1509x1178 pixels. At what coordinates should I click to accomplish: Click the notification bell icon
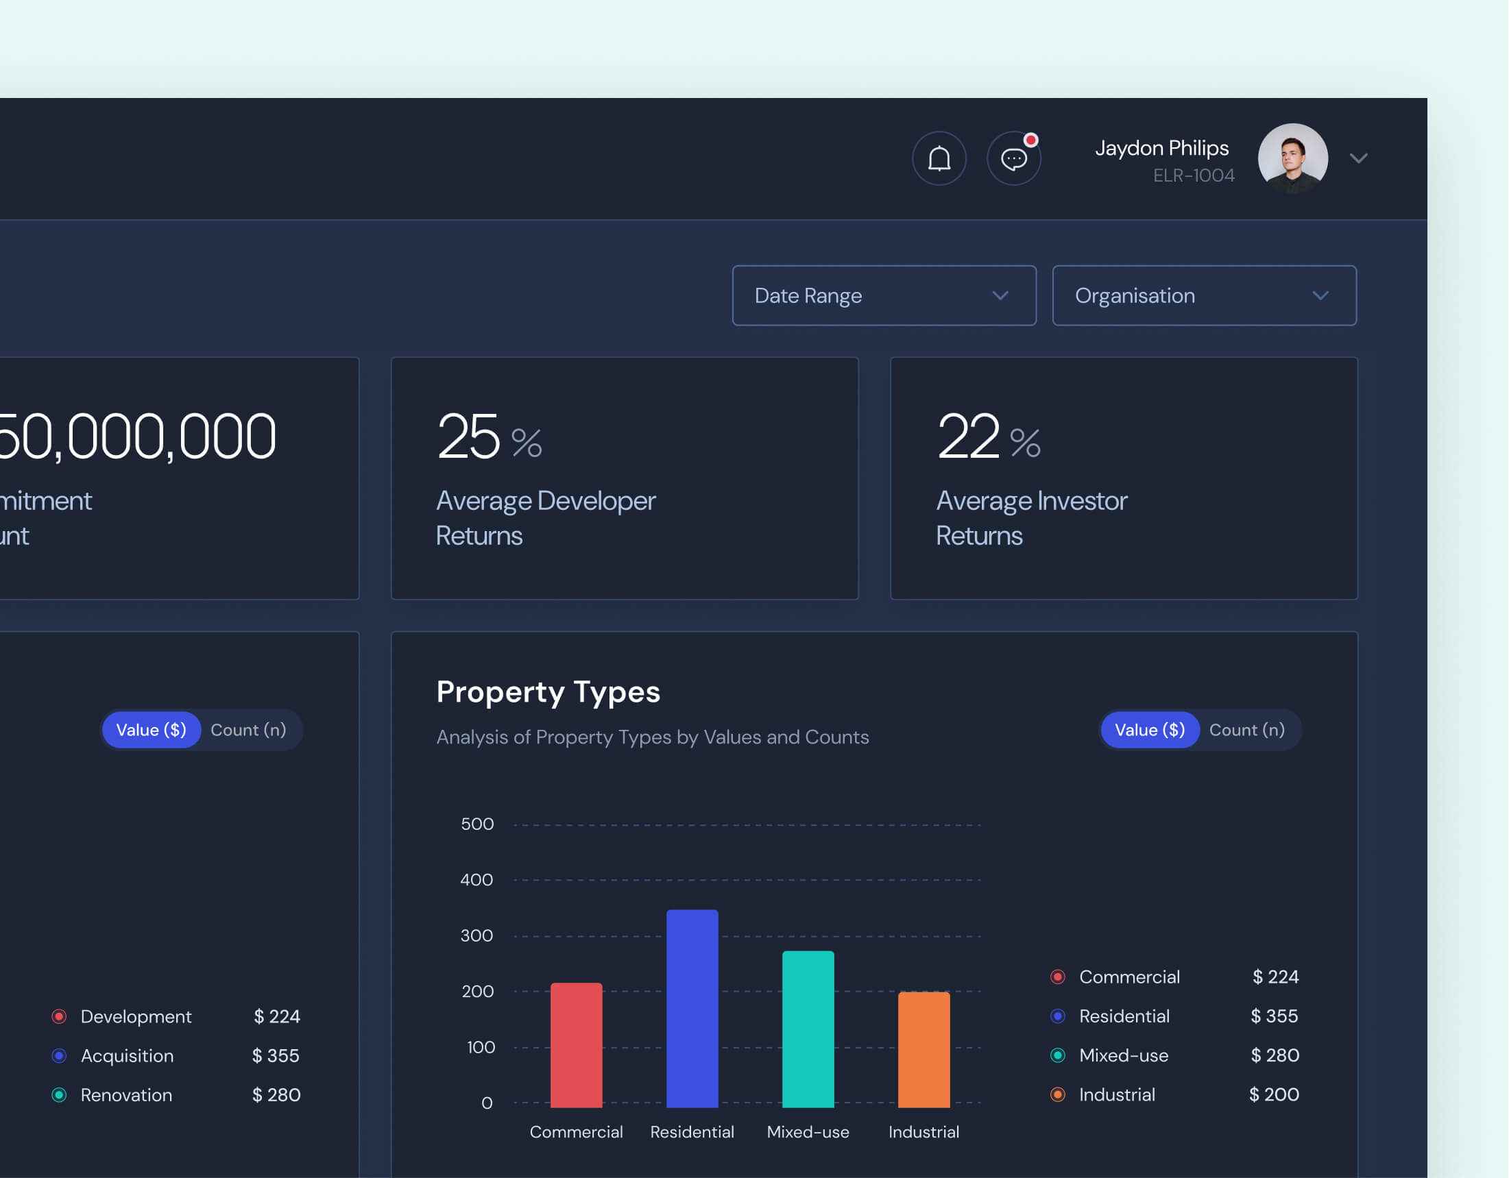coord(939,159)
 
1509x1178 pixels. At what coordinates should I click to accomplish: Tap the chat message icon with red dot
coord(1013,159)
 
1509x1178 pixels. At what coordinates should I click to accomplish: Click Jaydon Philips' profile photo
coord(1292,158)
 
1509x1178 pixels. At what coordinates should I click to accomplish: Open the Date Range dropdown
coord(884,295)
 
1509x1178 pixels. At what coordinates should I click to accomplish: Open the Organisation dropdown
coord(1204,295)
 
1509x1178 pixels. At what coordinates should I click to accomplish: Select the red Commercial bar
coord(576,1044)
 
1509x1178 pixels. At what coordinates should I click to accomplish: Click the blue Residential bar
coord(692,1008)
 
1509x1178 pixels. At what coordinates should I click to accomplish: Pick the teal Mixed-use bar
coord(808,1029)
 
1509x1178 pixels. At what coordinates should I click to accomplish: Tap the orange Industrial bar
coord(923,1049)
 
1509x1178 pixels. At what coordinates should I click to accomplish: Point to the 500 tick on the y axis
coord(476,824)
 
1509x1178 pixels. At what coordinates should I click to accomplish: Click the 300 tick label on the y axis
coord(476,935)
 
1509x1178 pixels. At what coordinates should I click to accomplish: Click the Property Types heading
coord(548,691)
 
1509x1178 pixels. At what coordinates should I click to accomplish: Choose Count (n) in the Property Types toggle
coord(1246,730)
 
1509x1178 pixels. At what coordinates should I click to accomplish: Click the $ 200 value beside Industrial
coord(1273,1094)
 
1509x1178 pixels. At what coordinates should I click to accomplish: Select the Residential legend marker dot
coord(1057,1016)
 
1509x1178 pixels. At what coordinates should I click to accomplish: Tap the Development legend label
coord(136,1016)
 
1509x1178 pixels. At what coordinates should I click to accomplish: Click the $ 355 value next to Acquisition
coord(275,1056)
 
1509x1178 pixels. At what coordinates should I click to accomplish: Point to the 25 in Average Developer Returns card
coord(468,437)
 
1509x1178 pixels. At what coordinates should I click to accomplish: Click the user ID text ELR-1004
coord(1193,175)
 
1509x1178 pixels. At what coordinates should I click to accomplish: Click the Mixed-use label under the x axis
coord(808,1131)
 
